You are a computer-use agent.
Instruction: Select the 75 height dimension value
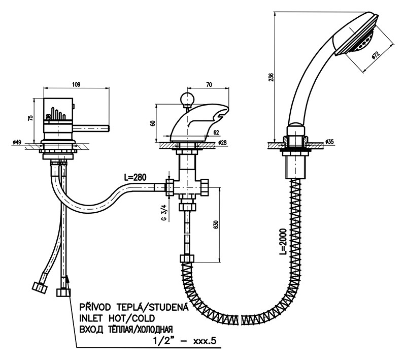click(31, 117)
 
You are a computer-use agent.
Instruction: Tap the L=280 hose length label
click(135, 177)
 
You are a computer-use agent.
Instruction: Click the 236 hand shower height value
click(270, 77)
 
